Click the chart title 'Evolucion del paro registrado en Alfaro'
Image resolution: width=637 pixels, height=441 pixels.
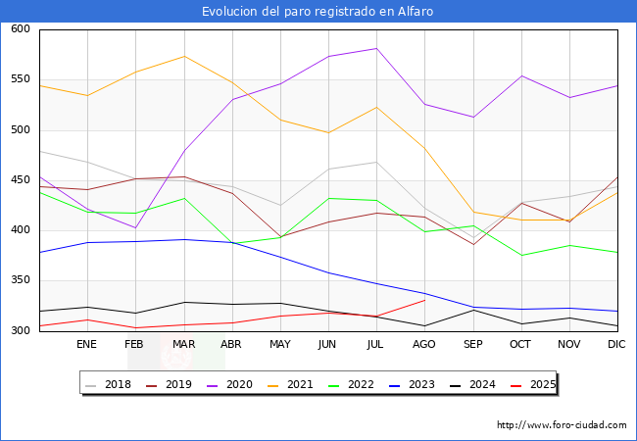[x=318, y=12]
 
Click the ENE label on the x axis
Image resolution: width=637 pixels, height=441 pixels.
[x=86, y=345]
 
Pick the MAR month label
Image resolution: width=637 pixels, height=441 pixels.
[x=182, y=345]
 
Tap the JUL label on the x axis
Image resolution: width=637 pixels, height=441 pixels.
[x=376, y=345]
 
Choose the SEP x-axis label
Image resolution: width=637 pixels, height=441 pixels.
[x=472, y=345]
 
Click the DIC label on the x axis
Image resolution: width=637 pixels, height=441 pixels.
[x=616, y=345]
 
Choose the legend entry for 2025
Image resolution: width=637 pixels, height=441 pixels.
[x=541, y=384]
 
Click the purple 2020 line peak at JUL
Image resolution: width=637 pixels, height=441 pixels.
[x=376, y=48]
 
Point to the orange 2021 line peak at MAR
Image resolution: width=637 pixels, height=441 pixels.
[x=183, y=56]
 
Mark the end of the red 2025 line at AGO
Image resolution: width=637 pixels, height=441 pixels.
[x=424, y=300]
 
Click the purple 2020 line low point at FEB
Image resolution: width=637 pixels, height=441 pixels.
[x=135, y=227]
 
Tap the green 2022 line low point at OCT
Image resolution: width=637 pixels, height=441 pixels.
[x=520, y=256]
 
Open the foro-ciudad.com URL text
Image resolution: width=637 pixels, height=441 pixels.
[x=562, y=425]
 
